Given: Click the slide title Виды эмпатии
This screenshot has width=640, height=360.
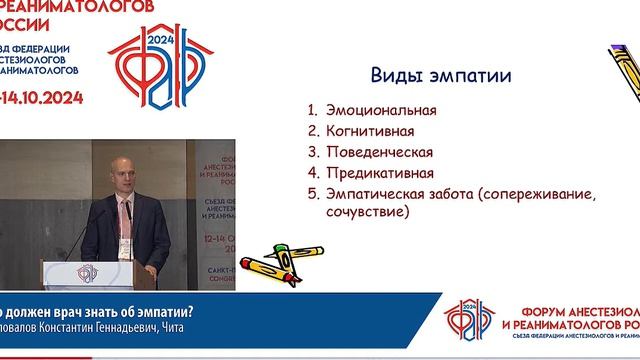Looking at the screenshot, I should coord(441,76).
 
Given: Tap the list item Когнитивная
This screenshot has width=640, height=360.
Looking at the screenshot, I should coord(369,131).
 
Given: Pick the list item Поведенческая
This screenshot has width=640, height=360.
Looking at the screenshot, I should coord(379,152).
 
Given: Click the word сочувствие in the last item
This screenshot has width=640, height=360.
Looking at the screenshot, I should coord(365,213).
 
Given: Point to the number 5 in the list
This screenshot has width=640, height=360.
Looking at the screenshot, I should coord(313,193).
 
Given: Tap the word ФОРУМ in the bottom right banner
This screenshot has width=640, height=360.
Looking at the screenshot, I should coord(536,311).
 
